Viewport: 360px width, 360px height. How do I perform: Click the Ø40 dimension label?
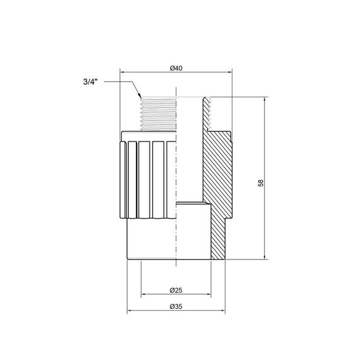177,68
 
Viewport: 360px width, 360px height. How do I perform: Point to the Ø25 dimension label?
177,291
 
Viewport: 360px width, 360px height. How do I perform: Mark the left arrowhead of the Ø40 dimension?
122,72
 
